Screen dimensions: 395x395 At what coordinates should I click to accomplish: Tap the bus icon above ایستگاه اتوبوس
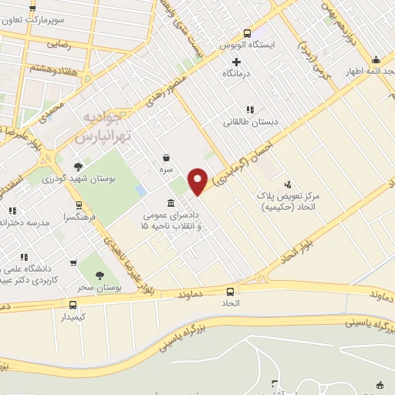tap(247, 33)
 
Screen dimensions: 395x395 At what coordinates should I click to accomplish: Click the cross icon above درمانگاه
tap(236, 61)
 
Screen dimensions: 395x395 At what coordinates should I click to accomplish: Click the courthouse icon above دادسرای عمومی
tap(170, 202)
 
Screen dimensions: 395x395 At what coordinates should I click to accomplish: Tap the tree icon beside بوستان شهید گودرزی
tap(78, 167)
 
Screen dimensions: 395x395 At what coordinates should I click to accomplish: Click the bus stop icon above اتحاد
tap(231, 292)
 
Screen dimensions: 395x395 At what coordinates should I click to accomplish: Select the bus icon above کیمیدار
tap(73, 305)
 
